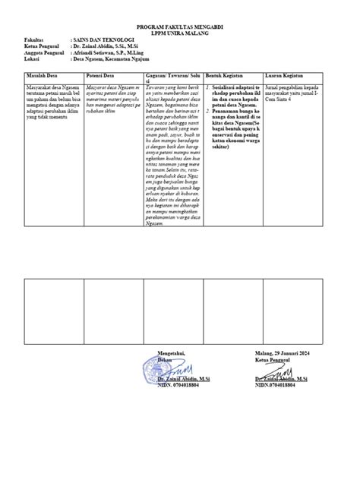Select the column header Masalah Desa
(x=43, y=76)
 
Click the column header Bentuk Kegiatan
(x=228, y=76)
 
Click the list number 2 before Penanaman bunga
(x=208, y=111)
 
